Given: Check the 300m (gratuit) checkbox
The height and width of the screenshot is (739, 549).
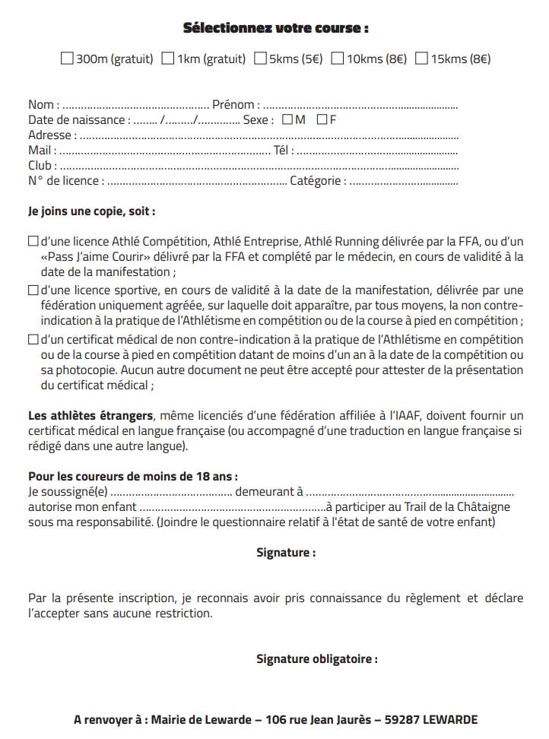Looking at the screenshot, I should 67,58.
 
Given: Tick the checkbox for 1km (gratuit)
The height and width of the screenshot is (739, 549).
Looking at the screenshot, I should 168,58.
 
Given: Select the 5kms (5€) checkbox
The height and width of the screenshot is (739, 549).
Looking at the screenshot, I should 261,58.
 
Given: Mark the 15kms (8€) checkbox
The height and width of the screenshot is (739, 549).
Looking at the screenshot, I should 422,58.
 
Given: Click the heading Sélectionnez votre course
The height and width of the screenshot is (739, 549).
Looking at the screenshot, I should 275,28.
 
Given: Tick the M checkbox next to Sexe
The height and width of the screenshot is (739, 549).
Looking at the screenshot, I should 287,119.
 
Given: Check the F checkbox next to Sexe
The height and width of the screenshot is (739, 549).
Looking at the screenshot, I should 322,119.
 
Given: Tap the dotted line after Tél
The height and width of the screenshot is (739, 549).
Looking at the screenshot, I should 377,151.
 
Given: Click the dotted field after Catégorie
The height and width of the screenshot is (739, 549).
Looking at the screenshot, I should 404,182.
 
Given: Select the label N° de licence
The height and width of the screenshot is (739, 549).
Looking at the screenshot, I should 64,181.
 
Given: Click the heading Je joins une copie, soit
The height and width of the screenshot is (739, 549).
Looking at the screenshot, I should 91,211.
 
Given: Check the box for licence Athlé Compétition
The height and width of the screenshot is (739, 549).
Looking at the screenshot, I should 33,241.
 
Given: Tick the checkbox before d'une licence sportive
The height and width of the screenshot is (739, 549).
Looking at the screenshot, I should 33,290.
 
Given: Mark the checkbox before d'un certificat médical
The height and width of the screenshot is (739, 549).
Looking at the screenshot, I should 33,339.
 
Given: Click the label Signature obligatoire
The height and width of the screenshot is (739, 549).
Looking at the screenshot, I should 316,658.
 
